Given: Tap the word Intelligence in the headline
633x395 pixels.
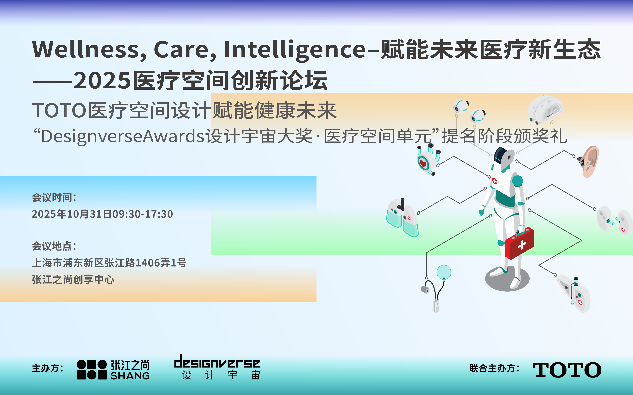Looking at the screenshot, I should tap(295, 50).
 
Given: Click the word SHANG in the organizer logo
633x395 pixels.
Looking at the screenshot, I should tap(130, 376).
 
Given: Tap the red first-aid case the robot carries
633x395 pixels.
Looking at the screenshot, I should tap(520, 243).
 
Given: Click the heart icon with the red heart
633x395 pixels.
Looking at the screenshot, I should tap(423, 163).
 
